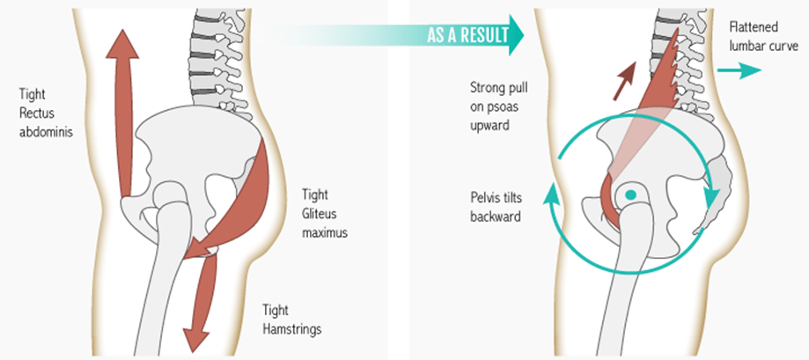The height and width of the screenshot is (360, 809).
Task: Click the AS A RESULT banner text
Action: (466, 36)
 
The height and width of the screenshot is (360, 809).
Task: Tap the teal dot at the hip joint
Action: (630, 195)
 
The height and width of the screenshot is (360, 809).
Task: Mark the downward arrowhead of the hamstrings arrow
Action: (193, 339)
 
